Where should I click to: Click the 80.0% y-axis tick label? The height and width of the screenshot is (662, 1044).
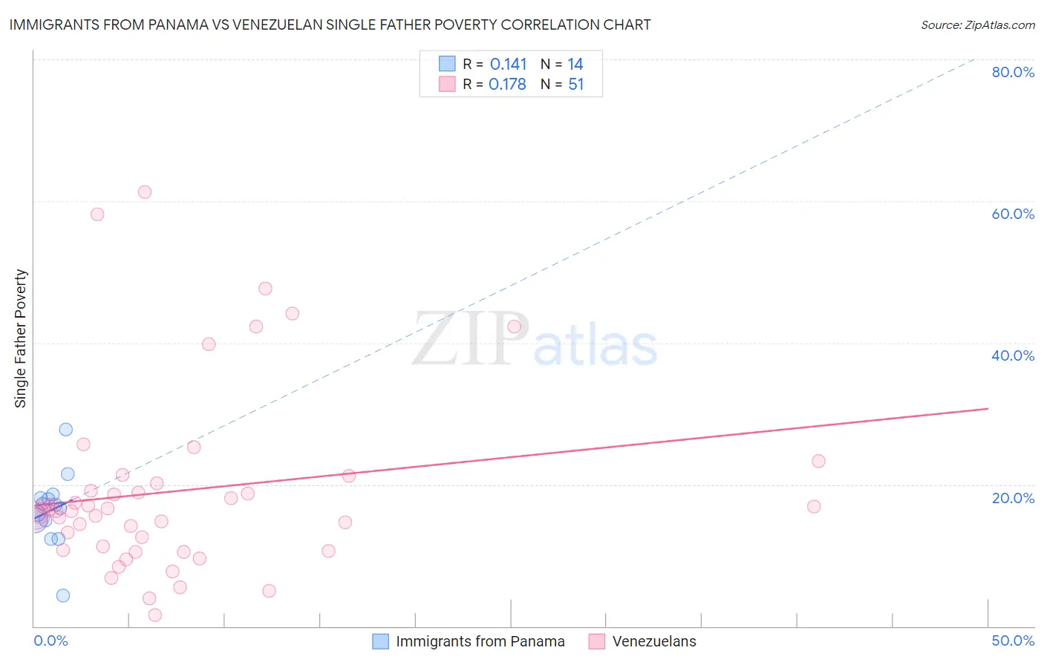point(1013,72)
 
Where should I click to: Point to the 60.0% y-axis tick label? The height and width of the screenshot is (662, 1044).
point(1013,214)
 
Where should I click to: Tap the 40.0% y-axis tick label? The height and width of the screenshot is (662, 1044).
point(1013,355)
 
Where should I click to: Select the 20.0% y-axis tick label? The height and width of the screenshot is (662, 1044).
point(1013,498)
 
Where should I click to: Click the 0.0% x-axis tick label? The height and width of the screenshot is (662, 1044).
point(50,640)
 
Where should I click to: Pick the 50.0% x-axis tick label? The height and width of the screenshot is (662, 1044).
point(1013,640)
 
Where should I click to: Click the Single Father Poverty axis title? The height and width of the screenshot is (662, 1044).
point(21,338)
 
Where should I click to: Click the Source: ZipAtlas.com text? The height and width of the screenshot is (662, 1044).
point(977,24)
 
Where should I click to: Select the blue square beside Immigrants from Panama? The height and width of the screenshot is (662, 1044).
point(380,641)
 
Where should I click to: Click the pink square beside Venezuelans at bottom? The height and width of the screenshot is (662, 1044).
point(596,641)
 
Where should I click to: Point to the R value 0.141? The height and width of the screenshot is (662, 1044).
point(508,64)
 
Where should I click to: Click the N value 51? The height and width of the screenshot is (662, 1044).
point(576,84)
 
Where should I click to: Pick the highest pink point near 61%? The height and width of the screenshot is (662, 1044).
point(145,192)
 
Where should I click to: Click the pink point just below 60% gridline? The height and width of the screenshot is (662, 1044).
point(97,214)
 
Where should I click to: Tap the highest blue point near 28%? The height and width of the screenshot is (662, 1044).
point(66,430)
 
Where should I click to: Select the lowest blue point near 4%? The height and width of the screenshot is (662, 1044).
point(63,595)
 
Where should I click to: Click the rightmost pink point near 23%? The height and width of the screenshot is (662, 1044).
point(818,461)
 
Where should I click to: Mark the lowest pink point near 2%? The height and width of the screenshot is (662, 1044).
point(155,615)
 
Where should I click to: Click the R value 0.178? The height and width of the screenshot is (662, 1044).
point(507,84)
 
